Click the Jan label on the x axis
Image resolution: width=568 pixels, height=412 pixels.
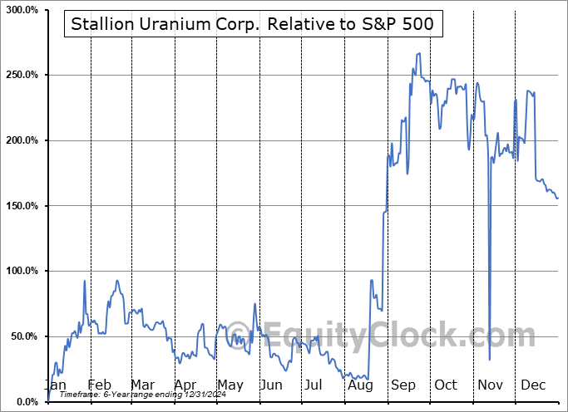[55, 385]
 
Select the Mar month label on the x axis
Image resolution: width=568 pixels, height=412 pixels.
[141, 385]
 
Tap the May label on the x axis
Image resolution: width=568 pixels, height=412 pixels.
[230, 385]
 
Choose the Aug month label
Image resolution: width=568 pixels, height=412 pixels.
[361, 385]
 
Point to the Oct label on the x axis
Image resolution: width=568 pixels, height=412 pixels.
[446, 385]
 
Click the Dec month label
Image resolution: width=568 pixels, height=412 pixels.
[532, 385]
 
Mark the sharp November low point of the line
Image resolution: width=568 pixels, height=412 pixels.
[489, 360]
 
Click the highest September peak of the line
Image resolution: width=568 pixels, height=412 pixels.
[419, 53]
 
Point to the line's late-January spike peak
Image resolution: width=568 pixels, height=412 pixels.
[85, 281]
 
